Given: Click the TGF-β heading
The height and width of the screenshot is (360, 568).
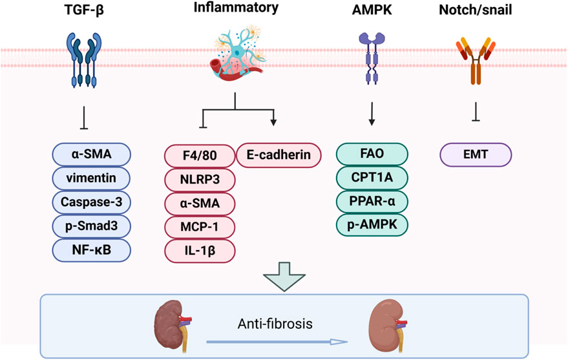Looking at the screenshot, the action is (x=84, y=10).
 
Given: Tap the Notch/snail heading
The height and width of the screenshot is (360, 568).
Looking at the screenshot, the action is (x=475, y=10).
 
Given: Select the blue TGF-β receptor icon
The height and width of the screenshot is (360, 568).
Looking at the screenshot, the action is (x=84, y=60).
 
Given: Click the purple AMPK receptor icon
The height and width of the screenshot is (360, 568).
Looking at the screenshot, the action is (x=372, y=58).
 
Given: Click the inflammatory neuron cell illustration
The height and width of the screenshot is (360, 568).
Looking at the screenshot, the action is (x=236, y=53).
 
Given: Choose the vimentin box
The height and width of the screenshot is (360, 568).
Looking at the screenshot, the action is (x=91, y=178).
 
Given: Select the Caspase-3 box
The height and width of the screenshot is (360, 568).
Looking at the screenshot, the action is (x=91, y=202).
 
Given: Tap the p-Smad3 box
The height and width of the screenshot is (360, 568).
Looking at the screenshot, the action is (x=91, y=226).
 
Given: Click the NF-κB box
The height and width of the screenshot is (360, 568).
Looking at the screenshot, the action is (x=91, y=250).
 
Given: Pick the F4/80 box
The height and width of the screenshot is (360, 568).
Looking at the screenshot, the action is (x=200, y=156).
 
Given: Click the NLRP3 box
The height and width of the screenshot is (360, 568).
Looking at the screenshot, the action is (x=200, y=180).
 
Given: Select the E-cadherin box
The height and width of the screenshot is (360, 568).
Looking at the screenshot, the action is (x=279, y=155).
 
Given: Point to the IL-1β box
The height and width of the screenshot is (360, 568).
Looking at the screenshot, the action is (x=200, y=251).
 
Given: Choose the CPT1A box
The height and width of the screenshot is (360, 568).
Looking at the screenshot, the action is (x=372, y=178).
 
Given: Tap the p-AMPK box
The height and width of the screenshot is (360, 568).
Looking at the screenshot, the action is (x=372, y=224).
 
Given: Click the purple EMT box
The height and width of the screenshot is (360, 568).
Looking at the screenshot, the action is (x=476, y=154).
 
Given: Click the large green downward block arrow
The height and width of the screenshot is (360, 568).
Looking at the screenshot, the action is (x=284, y=277).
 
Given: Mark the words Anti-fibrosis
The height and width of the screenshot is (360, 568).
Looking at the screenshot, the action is (x=275, y=324).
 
